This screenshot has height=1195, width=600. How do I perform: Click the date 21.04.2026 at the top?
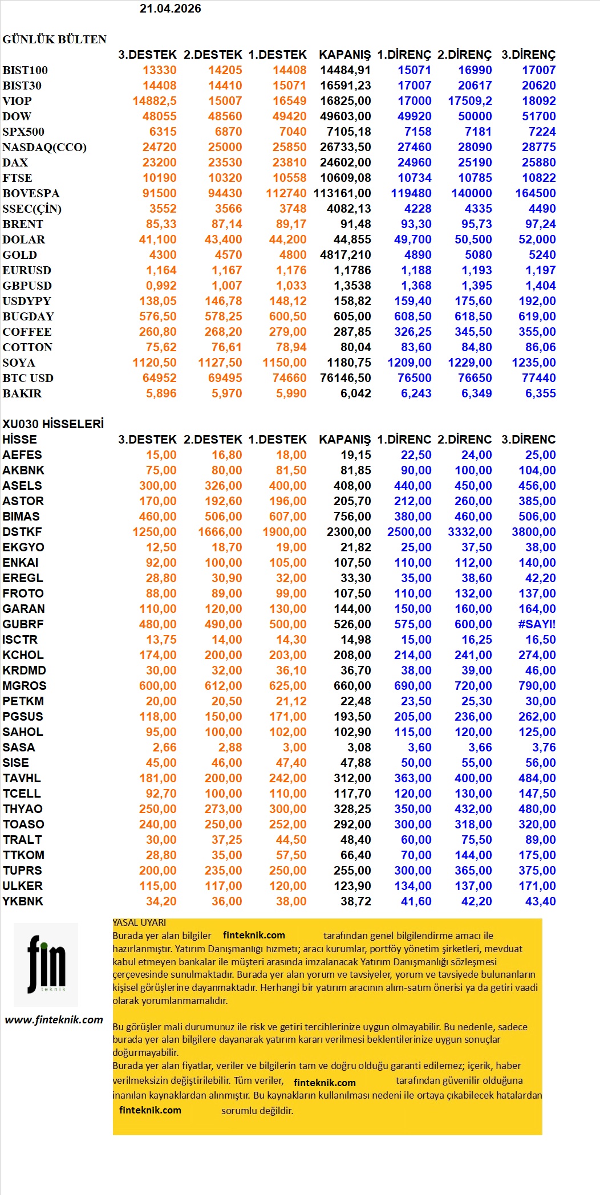pos(170,9)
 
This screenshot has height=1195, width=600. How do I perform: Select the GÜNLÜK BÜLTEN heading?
pos(54,39)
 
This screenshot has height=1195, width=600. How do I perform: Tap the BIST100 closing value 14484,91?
pos(345,70)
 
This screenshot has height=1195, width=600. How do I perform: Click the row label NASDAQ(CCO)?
pos(44,147)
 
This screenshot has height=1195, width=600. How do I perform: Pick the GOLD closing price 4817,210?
pos(345,255)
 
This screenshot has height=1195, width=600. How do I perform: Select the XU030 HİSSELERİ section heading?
pos(53,424)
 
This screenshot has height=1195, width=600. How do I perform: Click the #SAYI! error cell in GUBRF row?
pos(536,624)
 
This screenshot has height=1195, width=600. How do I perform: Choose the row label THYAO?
pos(22,809)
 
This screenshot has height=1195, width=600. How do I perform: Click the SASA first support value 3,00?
pos(291,747)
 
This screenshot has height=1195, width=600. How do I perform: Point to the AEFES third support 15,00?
pos(161,455)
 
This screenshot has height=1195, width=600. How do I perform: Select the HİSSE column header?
pos(19,440)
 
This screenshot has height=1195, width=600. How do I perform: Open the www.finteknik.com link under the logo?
pos(54,1020)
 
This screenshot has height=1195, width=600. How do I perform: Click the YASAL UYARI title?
pos(139,922)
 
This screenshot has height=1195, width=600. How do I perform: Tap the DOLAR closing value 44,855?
pos(352,239)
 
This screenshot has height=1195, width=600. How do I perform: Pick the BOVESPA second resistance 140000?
pos(471,193)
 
